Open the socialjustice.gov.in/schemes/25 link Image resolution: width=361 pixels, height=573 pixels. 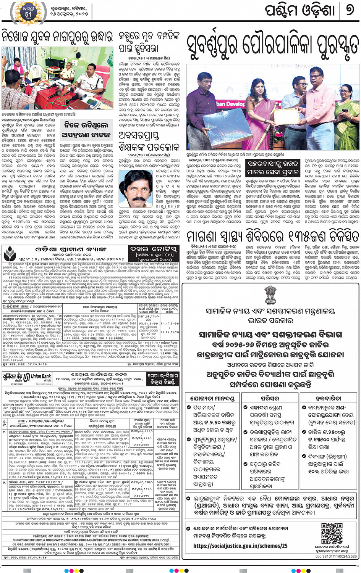pos(240,546)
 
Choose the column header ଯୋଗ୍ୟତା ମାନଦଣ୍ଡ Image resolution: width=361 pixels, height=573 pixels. pos(213,398)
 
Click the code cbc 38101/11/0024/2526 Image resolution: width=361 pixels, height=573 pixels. pos(336,556)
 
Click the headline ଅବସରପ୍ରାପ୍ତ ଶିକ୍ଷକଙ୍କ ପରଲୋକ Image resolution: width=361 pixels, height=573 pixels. pos(149,142)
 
